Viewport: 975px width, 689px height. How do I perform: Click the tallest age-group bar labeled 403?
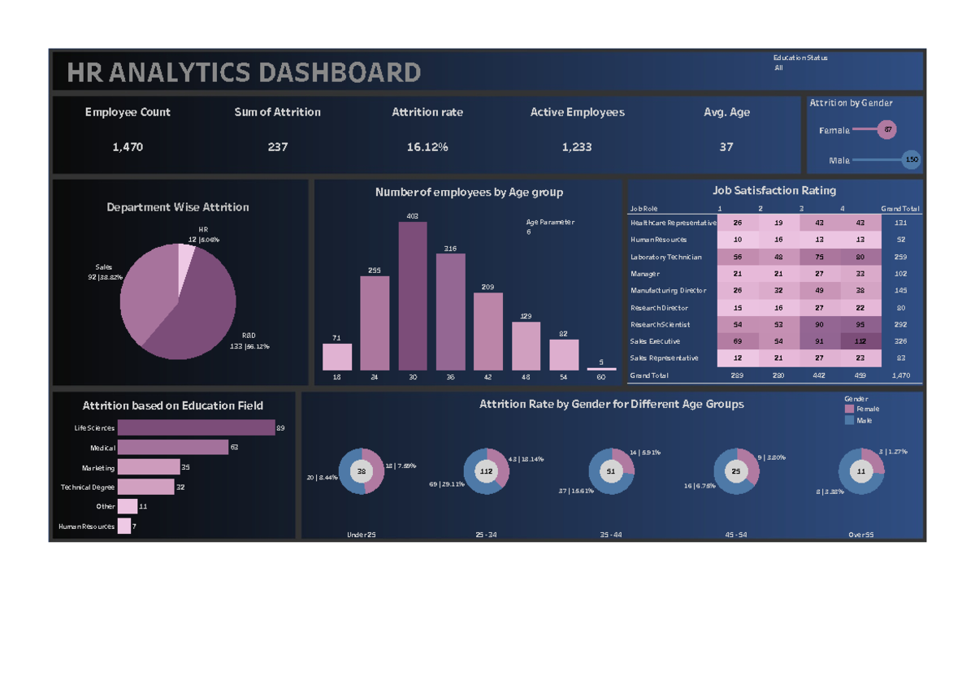[413, 297]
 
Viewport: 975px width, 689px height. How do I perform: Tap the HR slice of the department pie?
[187, 260]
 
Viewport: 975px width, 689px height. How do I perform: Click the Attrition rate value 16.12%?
[427, 147]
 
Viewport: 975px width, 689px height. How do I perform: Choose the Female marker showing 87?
[888, 130]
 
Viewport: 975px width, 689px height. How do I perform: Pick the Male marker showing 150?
[912, 160]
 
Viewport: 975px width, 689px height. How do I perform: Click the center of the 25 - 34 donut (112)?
[487, 471]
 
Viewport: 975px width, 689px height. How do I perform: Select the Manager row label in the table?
[645, 274]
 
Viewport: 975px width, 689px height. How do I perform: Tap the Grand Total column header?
[900, 209]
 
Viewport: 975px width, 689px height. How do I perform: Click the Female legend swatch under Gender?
[850, 409]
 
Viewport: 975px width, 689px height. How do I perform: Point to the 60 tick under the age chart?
[601, 378]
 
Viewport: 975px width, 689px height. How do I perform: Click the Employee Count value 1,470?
[128, 147]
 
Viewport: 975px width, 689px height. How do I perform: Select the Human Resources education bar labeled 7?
[124, 526]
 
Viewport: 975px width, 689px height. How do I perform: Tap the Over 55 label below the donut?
[861, 535]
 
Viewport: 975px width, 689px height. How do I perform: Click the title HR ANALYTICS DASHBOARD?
[244, 73]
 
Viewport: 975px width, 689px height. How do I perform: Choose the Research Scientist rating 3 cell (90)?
[819, 324]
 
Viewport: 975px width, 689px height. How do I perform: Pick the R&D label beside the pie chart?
[249, 336]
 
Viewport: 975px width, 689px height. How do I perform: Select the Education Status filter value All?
[779, 68]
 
